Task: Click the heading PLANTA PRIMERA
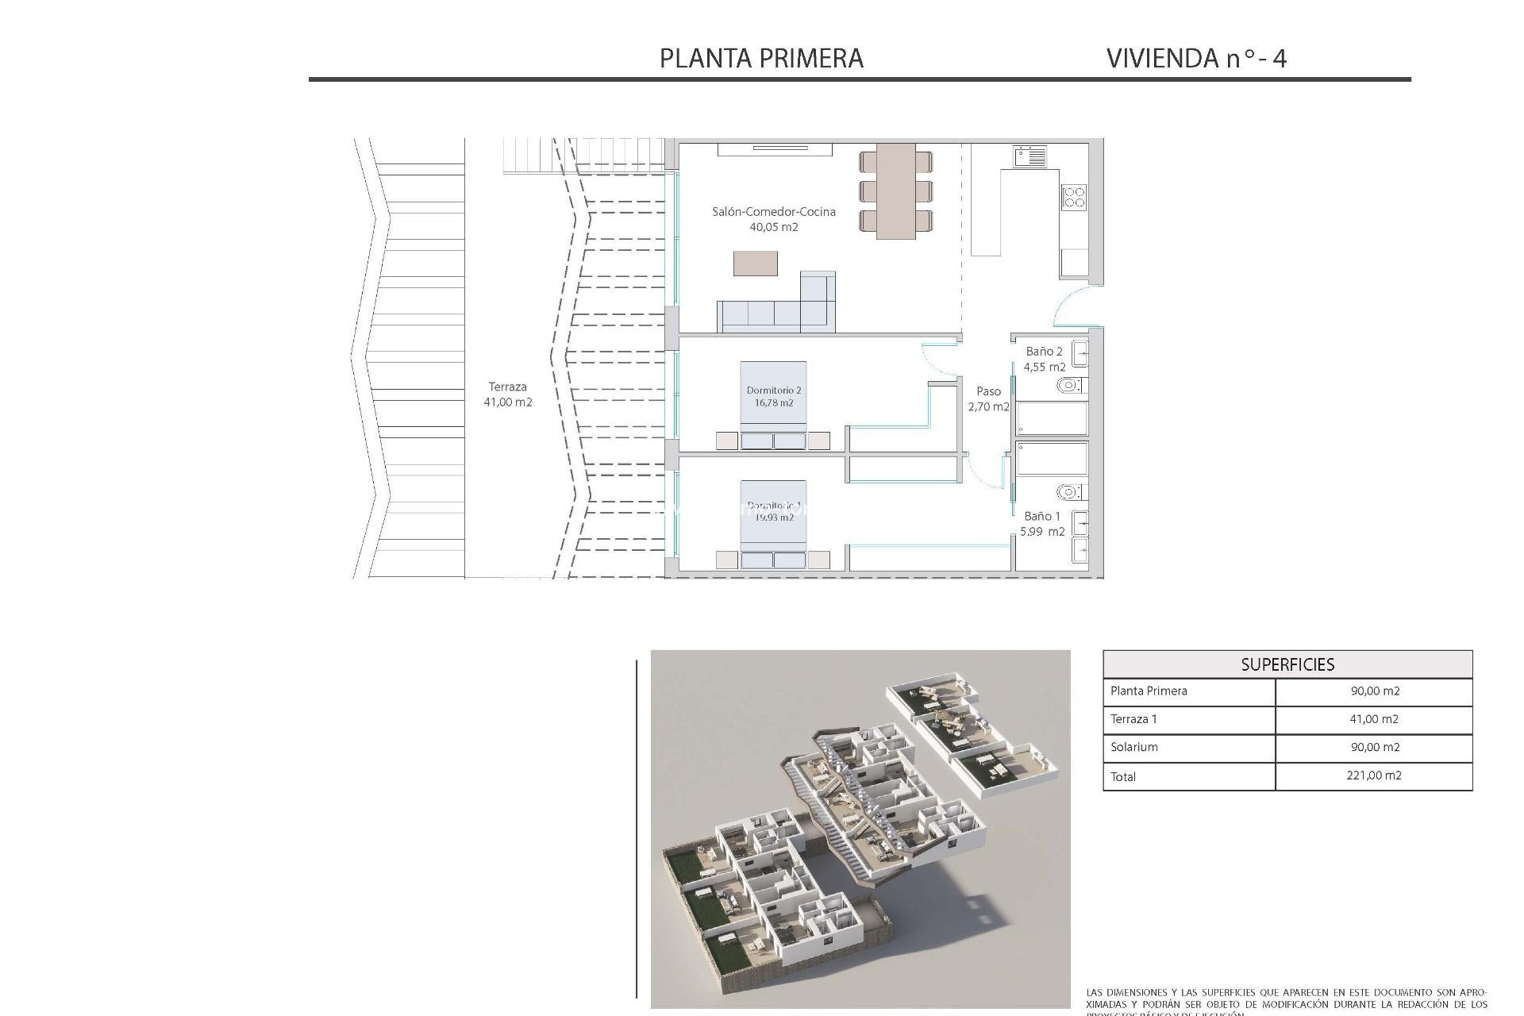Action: [x=761, y=58]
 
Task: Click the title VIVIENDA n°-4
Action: [x=1195, y=58]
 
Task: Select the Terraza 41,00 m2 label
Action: [x=508, y=394]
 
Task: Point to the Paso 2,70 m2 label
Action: [x=988, y=398]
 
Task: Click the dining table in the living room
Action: [x=895, y=191]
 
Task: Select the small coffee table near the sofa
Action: [x=755, y=264]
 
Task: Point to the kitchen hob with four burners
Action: [x=1074, y=196]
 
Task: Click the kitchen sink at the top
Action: [x=1029, y=156]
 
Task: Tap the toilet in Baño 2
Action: [x=1069, y=386]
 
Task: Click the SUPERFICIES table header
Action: [x=1287, y=664]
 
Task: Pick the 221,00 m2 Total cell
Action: [x=1374, y=775]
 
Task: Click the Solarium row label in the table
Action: [x=1134, y=747]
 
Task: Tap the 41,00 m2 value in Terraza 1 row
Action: [x=1374, y=719]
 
